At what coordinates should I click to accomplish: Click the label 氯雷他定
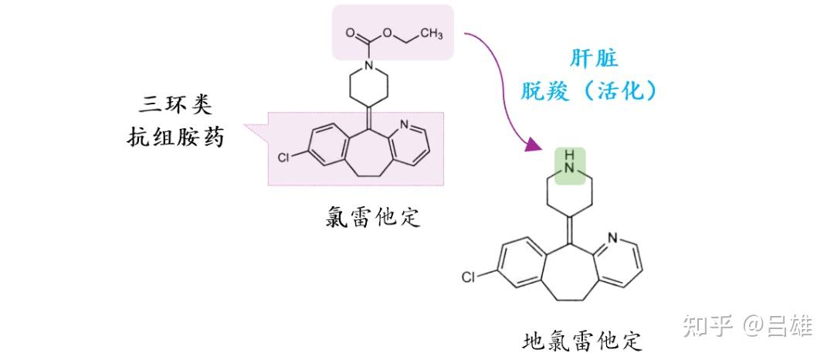[x=373, y=216]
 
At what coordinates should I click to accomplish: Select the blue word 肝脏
[x=594, y=59]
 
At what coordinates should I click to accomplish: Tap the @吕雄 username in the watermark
[x=778, y=326]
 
